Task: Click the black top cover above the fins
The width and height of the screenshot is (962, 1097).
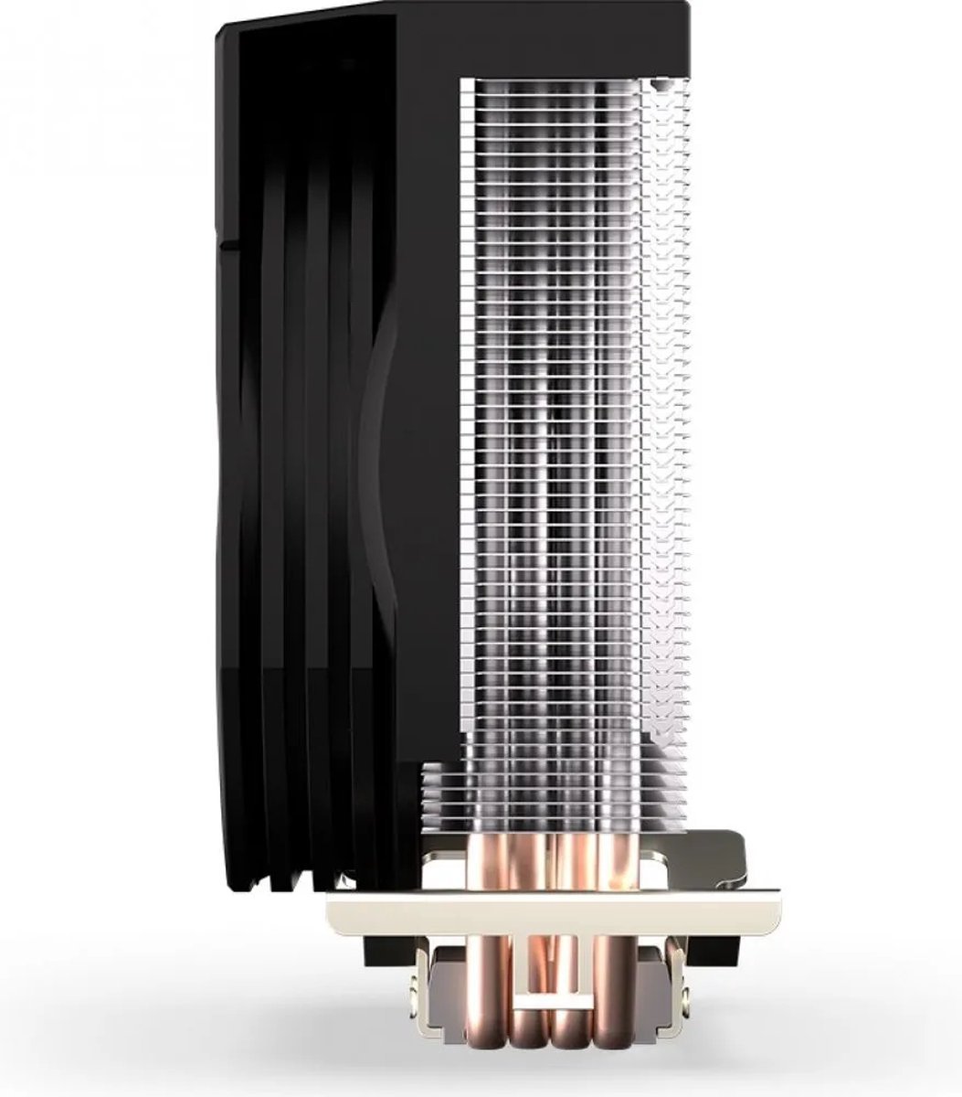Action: [x=548, y=37]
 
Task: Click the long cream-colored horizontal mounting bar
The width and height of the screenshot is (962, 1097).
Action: [x=548, y=910]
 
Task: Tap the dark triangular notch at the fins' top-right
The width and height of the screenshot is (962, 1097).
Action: [x=660, y=87]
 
